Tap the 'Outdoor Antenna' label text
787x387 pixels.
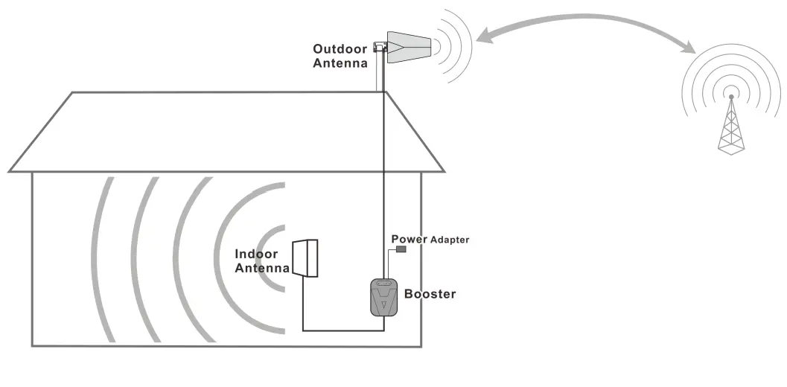click(x=340, y=57)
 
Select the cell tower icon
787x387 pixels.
click(x=731, y=127)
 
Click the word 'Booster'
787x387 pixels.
click(x=430, y=294)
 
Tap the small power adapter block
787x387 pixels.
click(x=401, y=249)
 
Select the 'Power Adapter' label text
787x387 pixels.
click(x=430, y=239)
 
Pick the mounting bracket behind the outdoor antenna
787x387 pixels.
click(x=380, y=47)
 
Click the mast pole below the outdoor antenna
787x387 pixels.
click(x=379, y=74)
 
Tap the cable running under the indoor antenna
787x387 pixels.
click(x=342, y=330)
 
